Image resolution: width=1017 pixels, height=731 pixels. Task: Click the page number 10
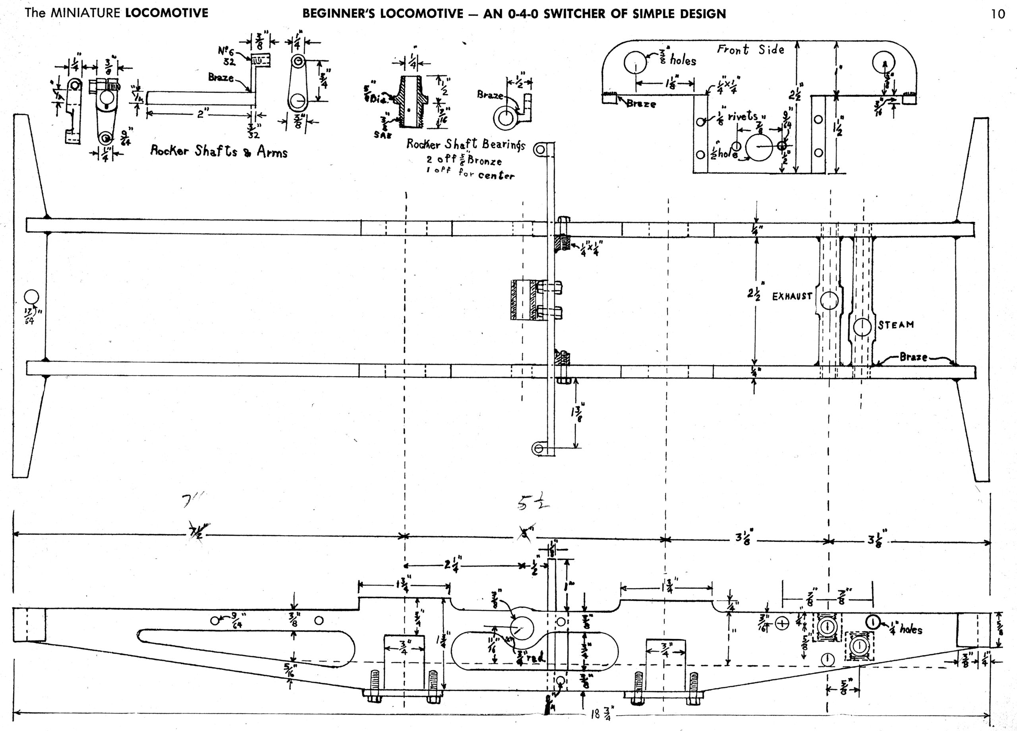coord(998,14)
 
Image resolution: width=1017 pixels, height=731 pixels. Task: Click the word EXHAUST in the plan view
coord(792,296)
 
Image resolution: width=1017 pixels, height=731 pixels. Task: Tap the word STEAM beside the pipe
coord(896,325)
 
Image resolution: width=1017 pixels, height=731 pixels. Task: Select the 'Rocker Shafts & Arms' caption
coord(218,152)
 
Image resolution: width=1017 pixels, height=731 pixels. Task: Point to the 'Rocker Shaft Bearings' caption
coord(465,144)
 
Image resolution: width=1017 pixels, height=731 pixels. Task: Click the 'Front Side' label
coord(750,49)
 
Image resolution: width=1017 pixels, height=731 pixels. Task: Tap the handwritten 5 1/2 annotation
coord(533,505)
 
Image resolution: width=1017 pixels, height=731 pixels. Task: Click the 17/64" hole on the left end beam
coord(31,297)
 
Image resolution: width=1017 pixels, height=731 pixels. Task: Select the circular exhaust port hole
coord(829,301)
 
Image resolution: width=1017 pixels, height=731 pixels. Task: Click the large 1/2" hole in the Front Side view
coord(759,147)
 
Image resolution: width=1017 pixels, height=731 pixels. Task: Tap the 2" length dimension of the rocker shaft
coord(201,114)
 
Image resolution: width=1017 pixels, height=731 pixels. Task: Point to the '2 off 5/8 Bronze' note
coord(464,161)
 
